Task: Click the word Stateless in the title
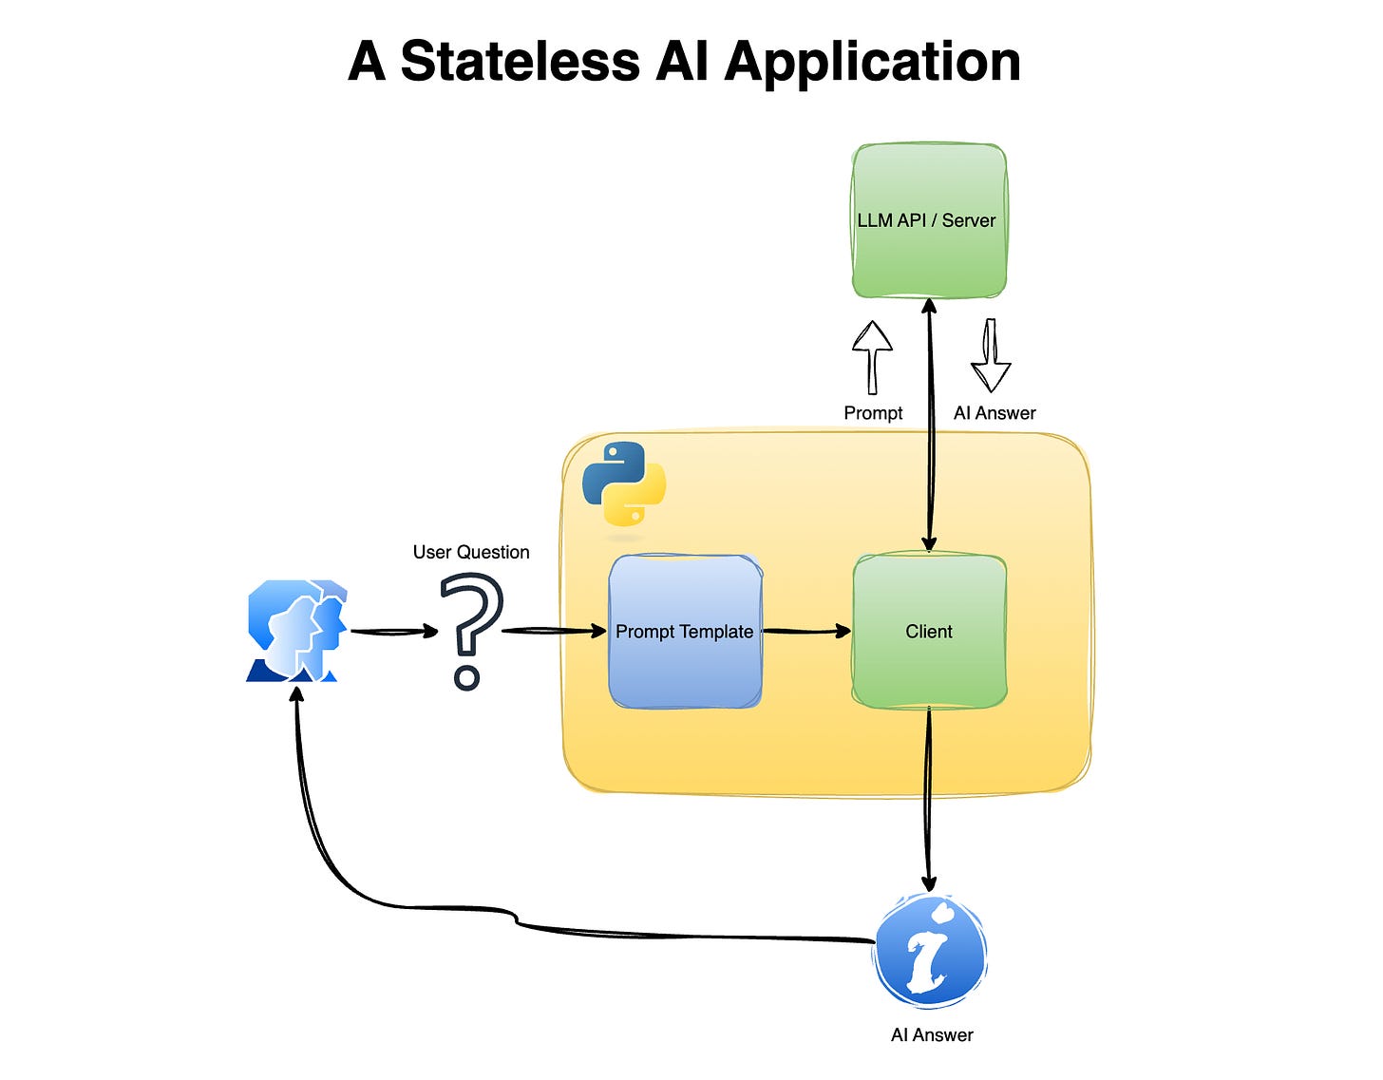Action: (x=520, y=62)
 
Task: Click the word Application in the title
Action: (x=872, y=62)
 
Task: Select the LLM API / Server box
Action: (x=928, y=220)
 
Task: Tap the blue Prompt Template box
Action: (x=685, y=632)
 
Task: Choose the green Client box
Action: (x=929, y=632)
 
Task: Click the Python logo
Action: (x=624, y=483)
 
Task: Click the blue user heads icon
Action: (x=296, y=631)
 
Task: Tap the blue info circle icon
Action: (x=930, y=951)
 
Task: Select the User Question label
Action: (x=471, y=552)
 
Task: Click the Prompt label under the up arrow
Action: (x=873, y=413)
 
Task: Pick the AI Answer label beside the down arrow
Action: (x=995, y=413)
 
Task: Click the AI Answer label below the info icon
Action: (x=932, y=1035)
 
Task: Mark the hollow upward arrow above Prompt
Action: (x=872, y=357)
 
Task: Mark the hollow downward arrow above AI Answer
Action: (x=991, y=356)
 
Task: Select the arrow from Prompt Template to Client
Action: (x=806, y=631)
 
